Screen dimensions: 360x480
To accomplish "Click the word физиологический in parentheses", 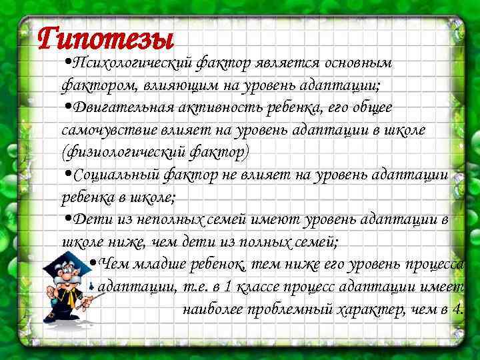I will point(119,152).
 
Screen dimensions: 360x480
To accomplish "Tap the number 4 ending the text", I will point(457,309).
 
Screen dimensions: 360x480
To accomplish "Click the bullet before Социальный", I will point(67,174).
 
